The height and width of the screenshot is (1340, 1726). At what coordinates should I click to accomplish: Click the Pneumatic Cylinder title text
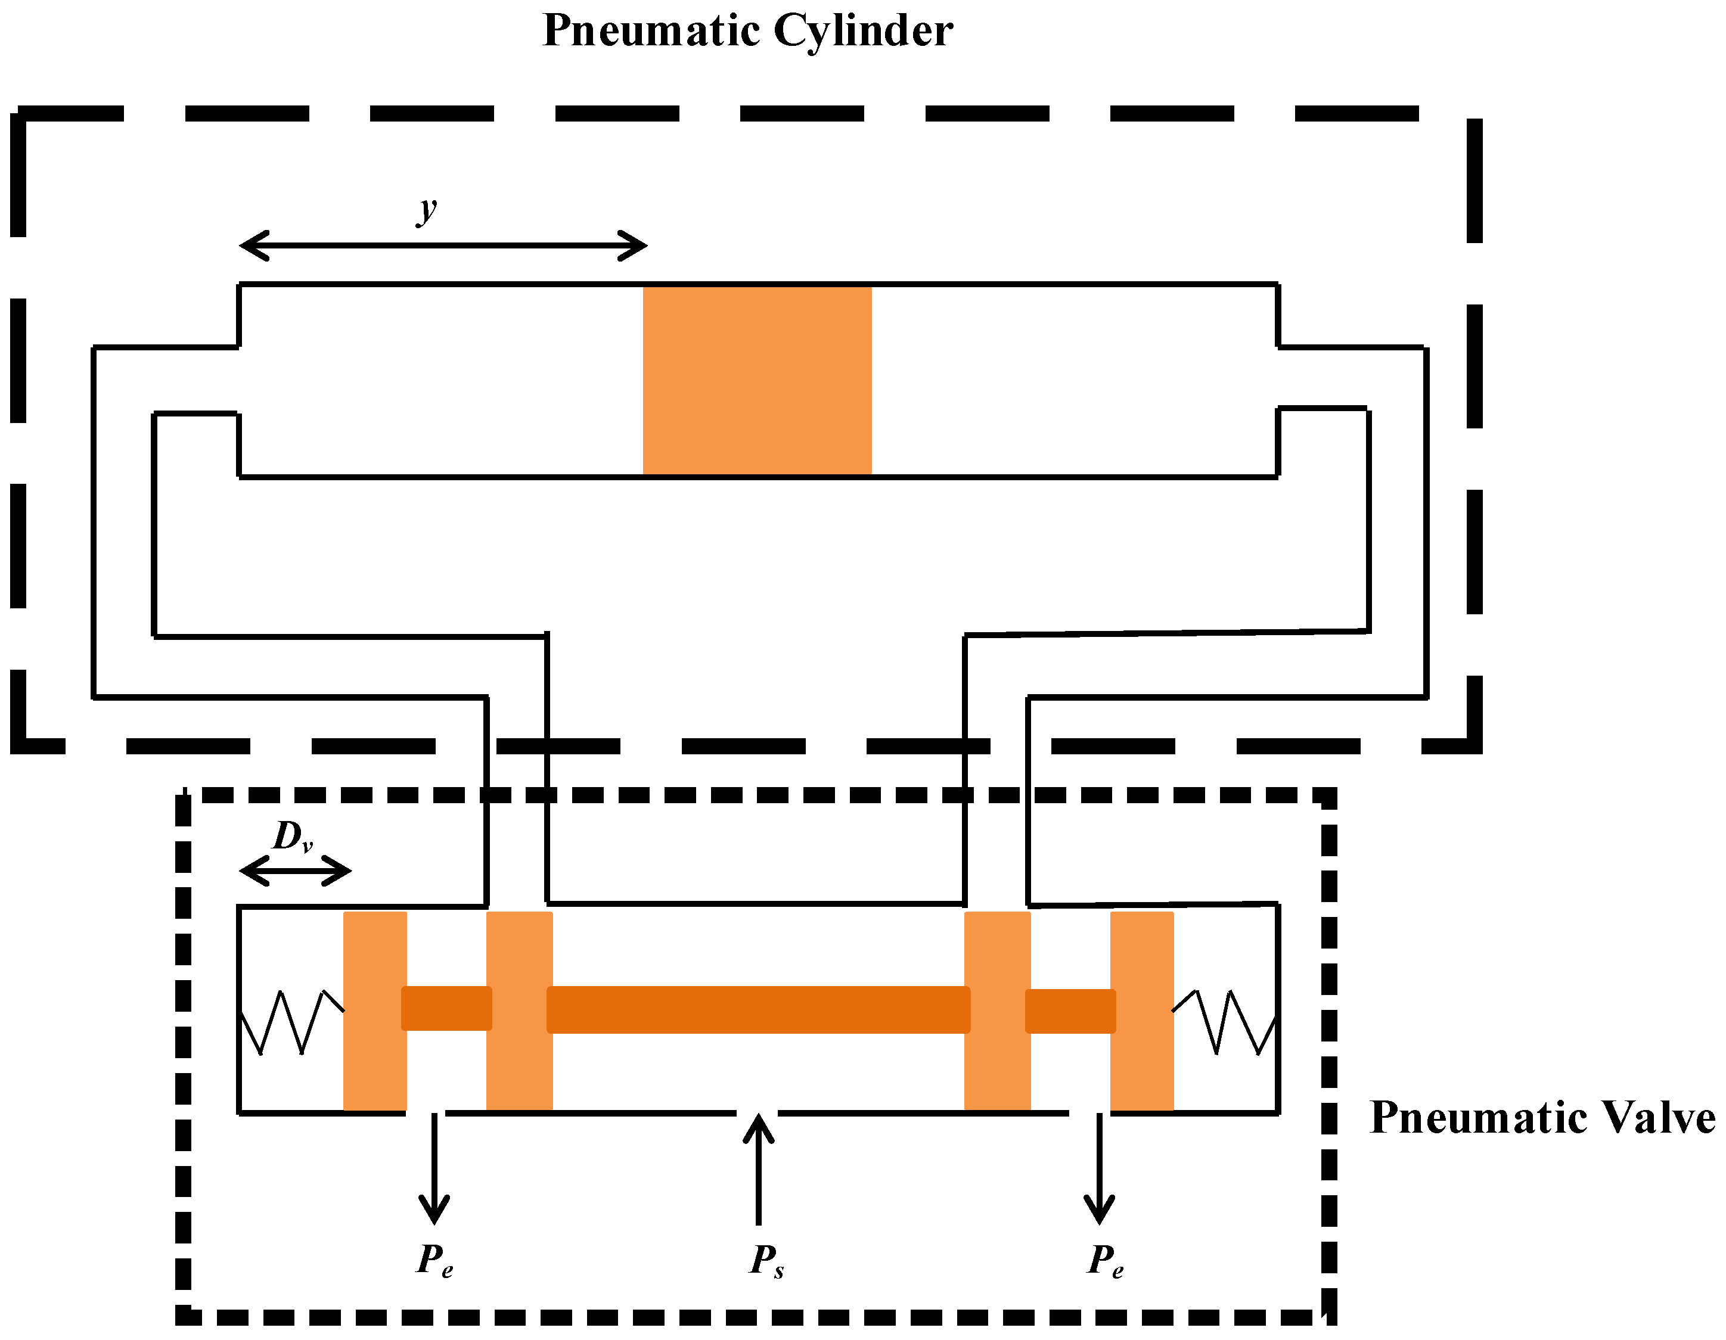click(x=747, y=32)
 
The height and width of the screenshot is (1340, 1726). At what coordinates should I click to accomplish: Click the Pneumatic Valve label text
click(x=1542, y=1118)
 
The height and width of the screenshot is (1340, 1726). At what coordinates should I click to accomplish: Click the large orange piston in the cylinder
click(x=756, y=380)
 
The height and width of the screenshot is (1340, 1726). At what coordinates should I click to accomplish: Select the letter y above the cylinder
click(x=427, y=209)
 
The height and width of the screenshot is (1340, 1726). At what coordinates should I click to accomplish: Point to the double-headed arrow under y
click(x=443, y=245)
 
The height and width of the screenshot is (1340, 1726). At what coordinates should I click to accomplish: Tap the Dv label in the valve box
click(x=293, y=837)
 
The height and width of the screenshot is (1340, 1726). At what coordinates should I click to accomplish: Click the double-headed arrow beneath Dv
click(x=295, y=872)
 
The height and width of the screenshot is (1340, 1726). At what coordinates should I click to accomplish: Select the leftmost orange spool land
click(x=375, y=1011)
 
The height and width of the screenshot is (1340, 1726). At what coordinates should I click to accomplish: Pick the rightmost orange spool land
click(x=1141, y=1011)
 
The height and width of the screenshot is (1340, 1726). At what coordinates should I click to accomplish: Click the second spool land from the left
click(x=519, y=1011)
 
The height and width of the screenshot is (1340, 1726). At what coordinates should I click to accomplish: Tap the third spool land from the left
click(x=997, y=1011)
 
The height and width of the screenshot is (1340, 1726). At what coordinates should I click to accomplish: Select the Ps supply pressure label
click(x=766, y=1261)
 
